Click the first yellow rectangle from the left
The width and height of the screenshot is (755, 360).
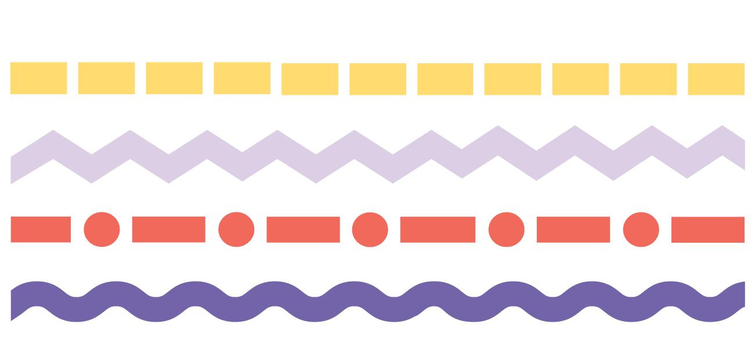pos(38,78)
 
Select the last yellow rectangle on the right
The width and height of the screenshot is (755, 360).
pos(716,79)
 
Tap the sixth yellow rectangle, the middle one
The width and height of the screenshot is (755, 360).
pos(378,79)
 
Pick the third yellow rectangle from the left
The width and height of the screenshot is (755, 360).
pos(174,78)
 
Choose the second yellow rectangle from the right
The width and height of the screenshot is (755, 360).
pos(648,79)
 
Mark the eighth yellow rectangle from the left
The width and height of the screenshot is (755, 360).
pos(512,79)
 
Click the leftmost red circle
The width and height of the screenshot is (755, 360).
pos(102,229)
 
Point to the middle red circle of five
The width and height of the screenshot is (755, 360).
pos(370,229)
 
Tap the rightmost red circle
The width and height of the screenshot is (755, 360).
pos(641,229)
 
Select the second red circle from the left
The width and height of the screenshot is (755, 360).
pos(236,229)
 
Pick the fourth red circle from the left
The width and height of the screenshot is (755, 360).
pos(506,229)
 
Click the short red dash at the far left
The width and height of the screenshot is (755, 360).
pos(40,229)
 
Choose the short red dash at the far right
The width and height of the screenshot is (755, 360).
pos(708,229)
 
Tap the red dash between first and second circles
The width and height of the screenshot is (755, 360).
pos(168,229)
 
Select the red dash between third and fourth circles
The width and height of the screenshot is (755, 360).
pos(438,229)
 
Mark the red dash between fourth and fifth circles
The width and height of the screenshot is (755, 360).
pos(573,229)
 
